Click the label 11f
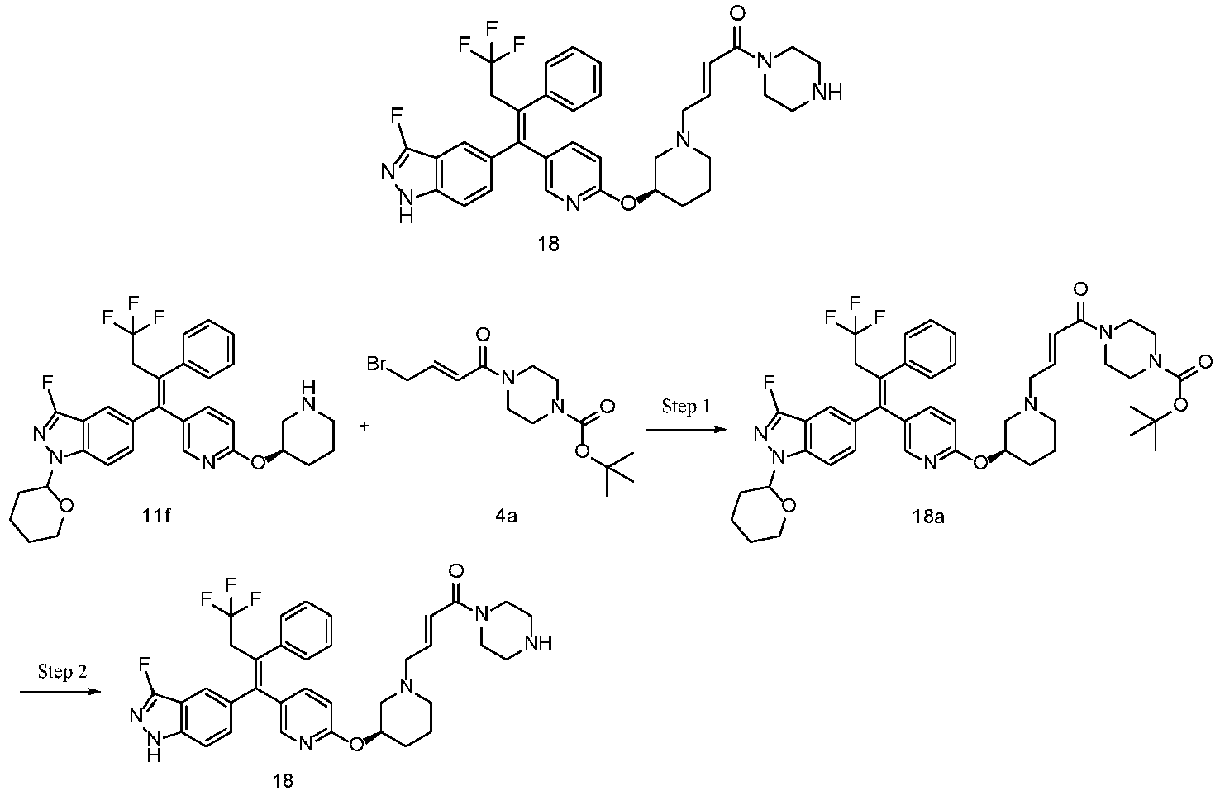pos(155,516)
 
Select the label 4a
pos(506,516)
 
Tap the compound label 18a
pos(928,516)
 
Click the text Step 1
pos(686,406)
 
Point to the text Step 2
pos(62,671)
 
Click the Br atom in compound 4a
pos(377,364)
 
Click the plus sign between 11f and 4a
pos(365,426)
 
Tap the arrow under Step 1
pos(686,430)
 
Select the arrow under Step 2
pos(60,692)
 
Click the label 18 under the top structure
pos(549,244)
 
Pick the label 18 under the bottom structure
pos(284,780)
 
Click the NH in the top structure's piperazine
pos(827,92)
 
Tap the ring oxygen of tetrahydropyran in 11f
pos(67,507)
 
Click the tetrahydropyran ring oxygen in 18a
pos(788,507)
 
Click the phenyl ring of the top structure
pos(574,79)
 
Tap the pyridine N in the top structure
pos(572,204)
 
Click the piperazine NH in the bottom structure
pos(537,643)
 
